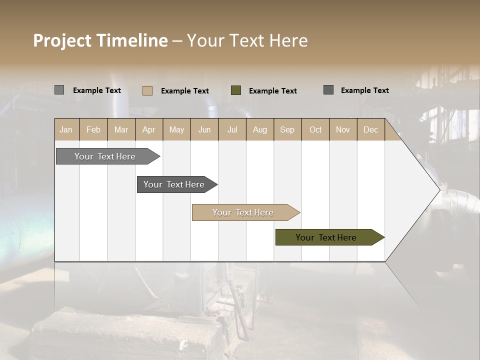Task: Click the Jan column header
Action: point(66,129)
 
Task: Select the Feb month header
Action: point(93,129)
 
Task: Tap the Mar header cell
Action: point(121,129)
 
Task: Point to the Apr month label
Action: point(148,129)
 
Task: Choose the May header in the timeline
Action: point(176,129)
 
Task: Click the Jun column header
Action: point(204,129)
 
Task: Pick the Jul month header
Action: point(232,129)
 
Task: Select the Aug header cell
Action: point(259,129)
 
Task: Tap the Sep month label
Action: point(287,129)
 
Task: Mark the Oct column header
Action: point(315,129)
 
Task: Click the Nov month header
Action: point(342,129)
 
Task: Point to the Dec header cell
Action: point(370,129)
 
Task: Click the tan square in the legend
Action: point(147,90)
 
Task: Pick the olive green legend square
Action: point(236,90)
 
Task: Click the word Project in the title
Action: point(62,40)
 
